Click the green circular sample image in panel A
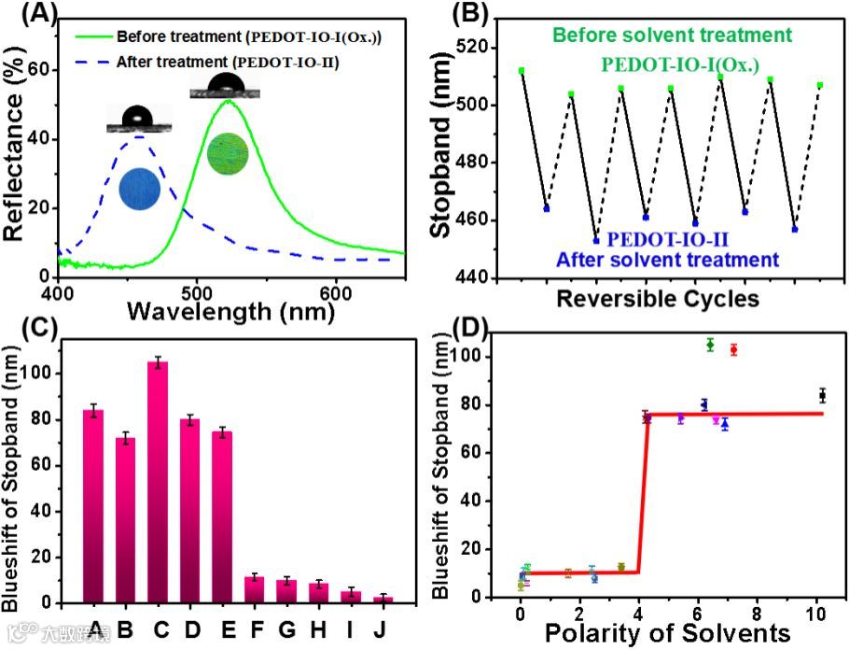pos(229,154)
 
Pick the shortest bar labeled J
pos(381,599)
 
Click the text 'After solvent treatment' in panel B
pos(666,259)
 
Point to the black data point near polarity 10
pos(823,396)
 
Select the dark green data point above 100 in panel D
pos(710,345)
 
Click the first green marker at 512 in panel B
pos(522,71)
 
